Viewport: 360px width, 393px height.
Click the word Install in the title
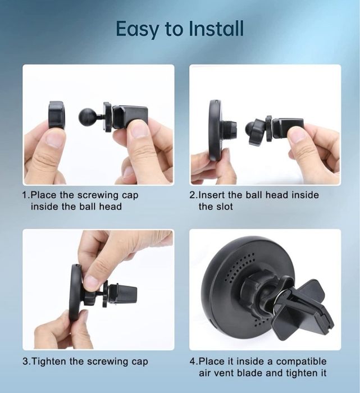216,28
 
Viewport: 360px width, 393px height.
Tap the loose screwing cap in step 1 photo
56,115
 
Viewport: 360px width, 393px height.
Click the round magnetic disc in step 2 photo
216,130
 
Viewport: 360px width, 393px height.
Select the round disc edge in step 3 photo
74,293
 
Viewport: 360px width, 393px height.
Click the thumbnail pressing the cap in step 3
91,282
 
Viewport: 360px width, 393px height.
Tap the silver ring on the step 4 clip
278,300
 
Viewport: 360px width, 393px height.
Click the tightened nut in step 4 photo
254,286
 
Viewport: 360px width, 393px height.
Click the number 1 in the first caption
25,195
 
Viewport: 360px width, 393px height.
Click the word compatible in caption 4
302,362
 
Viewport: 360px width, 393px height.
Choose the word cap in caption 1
130,195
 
